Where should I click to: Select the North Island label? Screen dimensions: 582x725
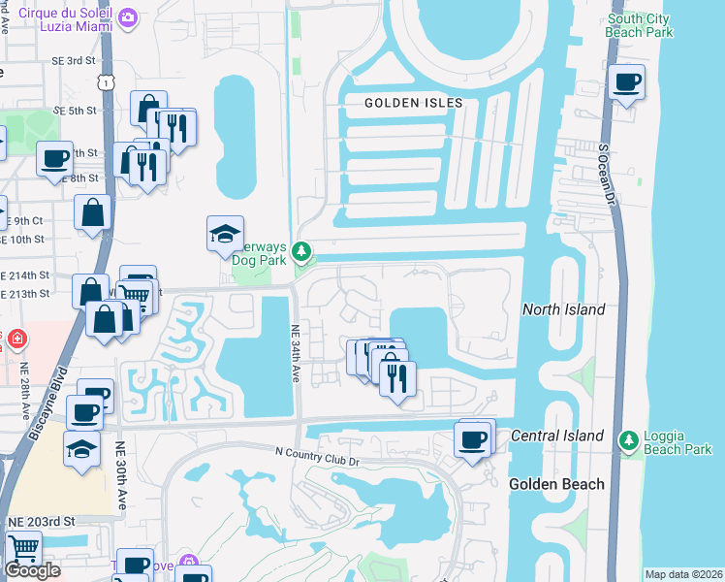click(x=563, y=309)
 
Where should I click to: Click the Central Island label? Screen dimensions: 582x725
click(x=557, y=436)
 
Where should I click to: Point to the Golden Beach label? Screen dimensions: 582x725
click(x=556, y=484)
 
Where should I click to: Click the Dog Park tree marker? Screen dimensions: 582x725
click(x=302, y=253)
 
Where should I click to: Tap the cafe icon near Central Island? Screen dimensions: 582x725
click(x=473, y=441)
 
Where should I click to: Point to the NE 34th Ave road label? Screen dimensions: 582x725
click(x=296, y=353)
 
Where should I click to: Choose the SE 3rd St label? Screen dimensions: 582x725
click(x=77, y=60)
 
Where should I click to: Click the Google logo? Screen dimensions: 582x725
click(x=33, y=569)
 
